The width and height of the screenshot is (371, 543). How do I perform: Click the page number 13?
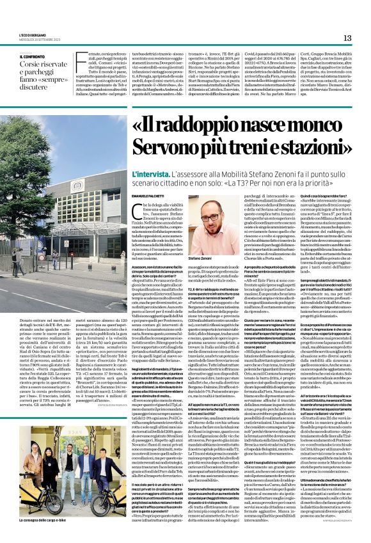pyautogui.click(x=348, y=38)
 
